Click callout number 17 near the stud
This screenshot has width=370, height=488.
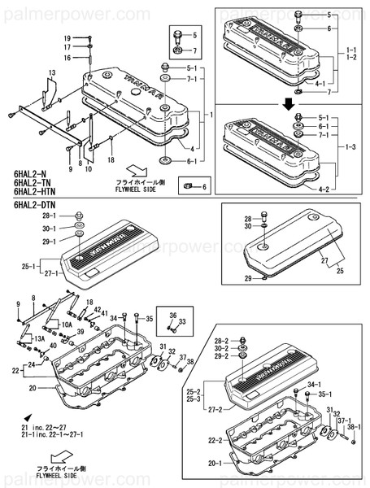pyautogui.click(x=67, y=48)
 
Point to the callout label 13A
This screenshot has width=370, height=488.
pyautogui.click(x=37, y=338)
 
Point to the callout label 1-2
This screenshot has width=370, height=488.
pyautogui.click(x=351, y=59)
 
